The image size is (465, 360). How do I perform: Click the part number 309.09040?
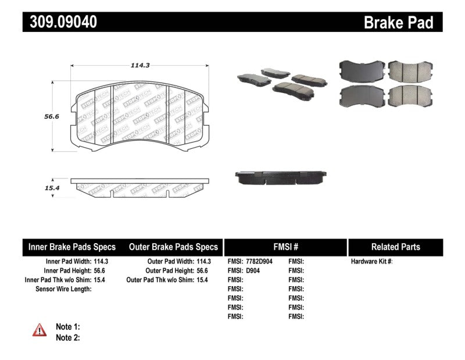point(60,22)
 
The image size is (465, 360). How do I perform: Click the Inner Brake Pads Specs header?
point(72,247)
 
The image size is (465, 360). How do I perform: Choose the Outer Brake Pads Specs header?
point(173,247)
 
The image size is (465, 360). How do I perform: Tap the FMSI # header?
point(285,247)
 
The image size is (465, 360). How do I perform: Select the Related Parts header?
point(395,247)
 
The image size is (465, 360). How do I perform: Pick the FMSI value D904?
point(253,270)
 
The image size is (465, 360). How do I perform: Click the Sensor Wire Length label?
point(63,288)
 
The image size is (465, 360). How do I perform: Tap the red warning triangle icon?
point(39,330)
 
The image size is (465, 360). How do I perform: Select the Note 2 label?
point(67,337)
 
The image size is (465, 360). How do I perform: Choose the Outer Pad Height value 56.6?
point(202,270)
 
